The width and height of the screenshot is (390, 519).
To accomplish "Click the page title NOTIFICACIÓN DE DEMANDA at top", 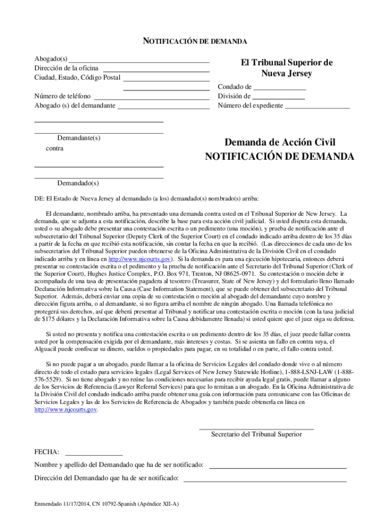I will click(195, 41).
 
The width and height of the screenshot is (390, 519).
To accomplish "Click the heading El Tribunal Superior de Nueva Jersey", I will click(287, 68).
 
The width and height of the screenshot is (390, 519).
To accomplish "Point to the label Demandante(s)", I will click(79, 138).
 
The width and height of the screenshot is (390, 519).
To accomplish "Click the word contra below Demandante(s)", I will click(55, 149).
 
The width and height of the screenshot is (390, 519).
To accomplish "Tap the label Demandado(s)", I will click(78, 183).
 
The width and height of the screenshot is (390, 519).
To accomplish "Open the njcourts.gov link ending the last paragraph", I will click(65, 410).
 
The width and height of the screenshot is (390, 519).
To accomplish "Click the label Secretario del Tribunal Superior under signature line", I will click(256, 434).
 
